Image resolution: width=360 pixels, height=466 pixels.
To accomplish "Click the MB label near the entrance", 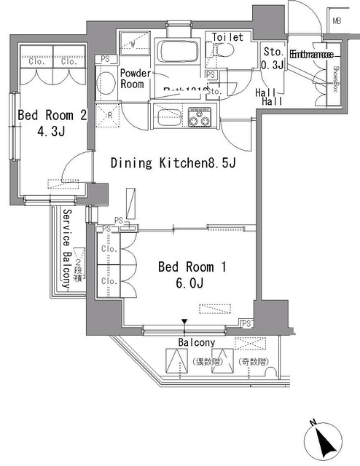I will (x=336, y=20).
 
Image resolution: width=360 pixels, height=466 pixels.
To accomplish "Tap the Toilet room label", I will (x=227, y=37).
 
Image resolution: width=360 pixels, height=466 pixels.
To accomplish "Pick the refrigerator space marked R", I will (x=108, y=114).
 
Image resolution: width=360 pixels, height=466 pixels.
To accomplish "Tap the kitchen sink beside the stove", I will (x=167, y=115).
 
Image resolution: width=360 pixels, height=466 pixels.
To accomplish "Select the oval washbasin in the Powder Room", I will (x=105, y=81).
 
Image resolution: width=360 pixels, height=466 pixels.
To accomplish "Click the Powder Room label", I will (x=135, y=79).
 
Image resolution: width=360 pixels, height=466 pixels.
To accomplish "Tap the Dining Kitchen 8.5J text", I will (x=173, y=163).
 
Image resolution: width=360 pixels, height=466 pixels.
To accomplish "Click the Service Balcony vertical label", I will (x=66, y=248).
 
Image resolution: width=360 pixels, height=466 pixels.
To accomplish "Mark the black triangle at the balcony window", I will (x=185, y=320).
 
